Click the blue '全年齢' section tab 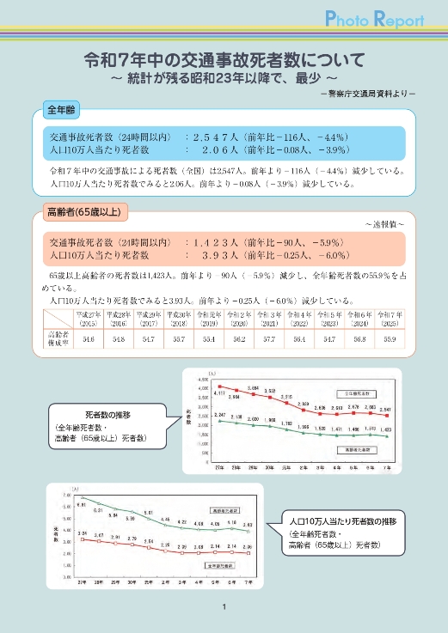pos(63,111)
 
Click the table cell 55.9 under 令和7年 pos(389,340)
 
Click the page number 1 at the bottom pos(224,609)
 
